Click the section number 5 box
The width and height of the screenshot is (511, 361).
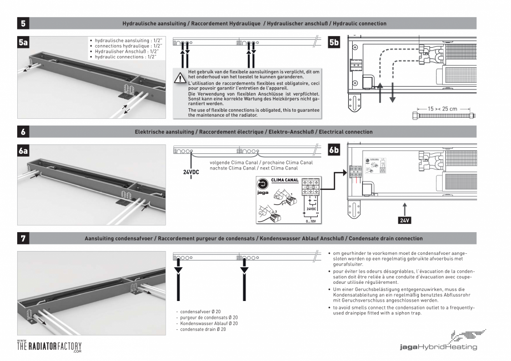(23, 23)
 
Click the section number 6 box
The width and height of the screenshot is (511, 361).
(23, 132)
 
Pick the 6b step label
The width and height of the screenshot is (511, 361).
(335, 152)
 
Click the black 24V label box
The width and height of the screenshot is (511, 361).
(405, 220)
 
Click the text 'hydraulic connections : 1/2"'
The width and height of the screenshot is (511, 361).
(126, 57)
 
